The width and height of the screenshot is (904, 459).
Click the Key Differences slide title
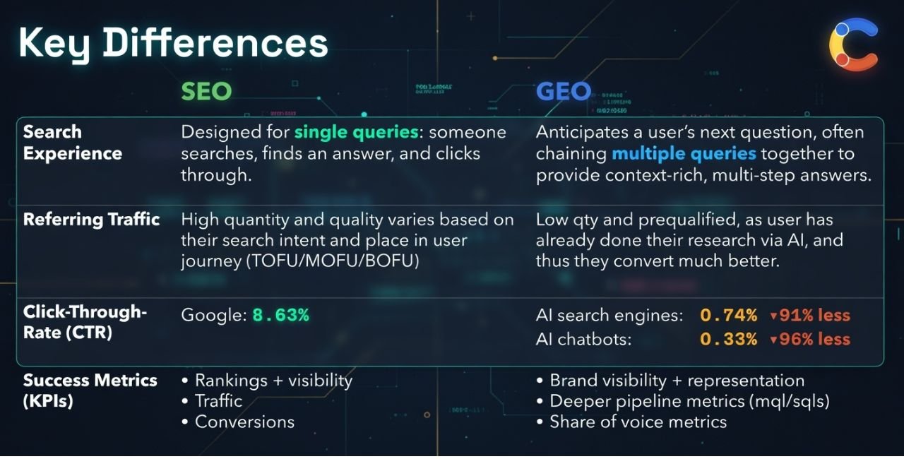[x=173, y=44]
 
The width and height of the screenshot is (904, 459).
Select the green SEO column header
[x=206, y=92]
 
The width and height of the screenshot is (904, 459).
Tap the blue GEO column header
[x=563, y=92]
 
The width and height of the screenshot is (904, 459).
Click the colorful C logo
[x=853, y=45]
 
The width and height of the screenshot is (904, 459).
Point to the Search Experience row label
[x=72, y=143]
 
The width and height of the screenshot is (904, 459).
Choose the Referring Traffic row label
[x=92, y=220]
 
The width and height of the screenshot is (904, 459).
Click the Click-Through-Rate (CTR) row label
[x=84, y=322]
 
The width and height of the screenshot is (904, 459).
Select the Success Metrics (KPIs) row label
[x=90, y=391]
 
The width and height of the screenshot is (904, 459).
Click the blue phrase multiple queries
[x=684, y=154]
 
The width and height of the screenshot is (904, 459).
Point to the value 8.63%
[x=280, y=316]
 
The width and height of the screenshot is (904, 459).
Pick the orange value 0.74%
[x=728, y=316]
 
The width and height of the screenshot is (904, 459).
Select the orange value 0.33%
[x=728, y=340]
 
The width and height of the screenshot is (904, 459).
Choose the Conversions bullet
[x=244, y=422]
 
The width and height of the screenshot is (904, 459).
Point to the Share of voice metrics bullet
[x=637, y=422]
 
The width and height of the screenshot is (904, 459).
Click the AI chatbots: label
[x=583, y=340]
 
